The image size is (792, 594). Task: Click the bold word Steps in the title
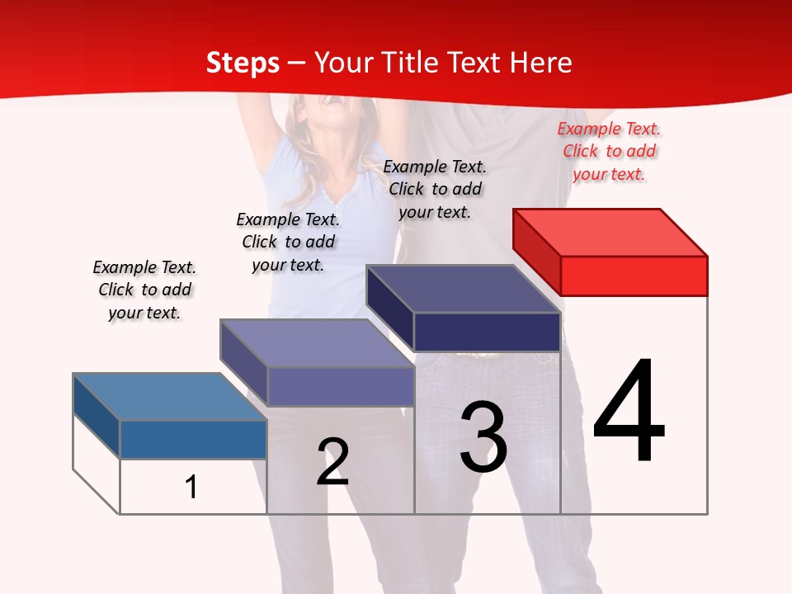243,63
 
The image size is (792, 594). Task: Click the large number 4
629,412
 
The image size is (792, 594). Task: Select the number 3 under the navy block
483,437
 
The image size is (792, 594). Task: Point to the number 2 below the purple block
333,462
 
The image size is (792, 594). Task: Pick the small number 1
191,487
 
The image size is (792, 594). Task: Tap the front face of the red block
634,276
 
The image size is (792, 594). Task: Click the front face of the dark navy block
487,332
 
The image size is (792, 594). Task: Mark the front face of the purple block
341,386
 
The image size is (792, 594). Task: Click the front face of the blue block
193,439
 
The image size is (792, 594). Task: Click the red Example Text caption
609,151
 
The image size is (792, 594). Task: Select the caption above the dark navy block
435,189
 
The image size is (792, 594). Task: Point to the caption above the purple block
288,242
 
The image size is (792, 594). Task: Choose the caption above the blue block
144,290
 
